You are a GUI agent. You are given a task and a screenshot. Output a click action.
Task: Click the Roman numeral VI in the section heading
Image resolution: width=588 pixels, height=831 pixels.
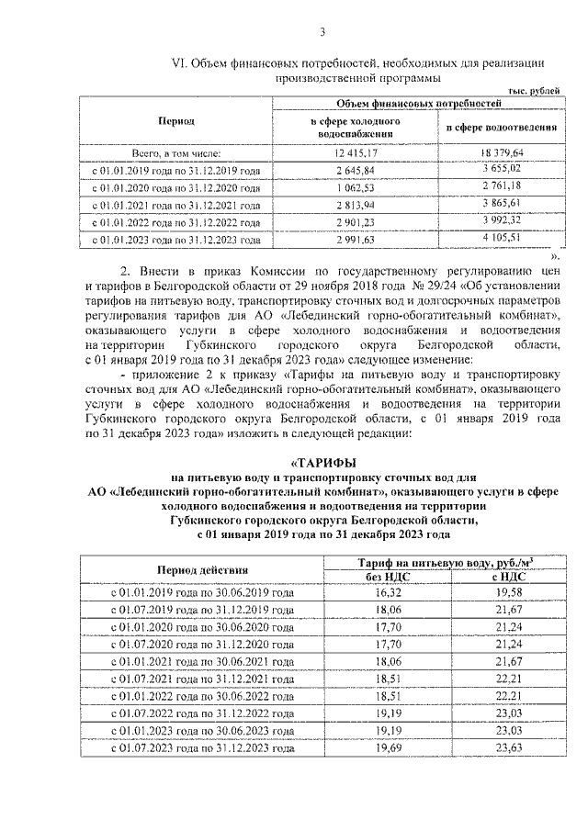click(180, 63)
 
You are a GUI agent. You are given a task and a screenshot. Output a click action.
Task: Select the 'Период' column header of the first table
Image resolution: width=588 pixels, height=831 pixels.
click(175, 120)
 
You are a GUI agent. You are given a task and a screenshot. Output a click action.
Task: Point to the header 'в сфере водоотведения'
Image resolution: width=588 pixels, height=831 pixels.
click(501, 127)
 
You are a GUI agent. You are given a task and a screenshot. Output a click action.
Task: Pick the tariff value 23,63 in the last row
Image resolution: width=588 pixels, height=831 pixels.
click(501, 748)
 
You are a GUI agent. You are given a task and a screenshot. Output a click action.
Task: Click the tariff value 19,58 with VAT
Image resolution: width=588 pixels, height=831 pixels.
click(501, 593)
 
